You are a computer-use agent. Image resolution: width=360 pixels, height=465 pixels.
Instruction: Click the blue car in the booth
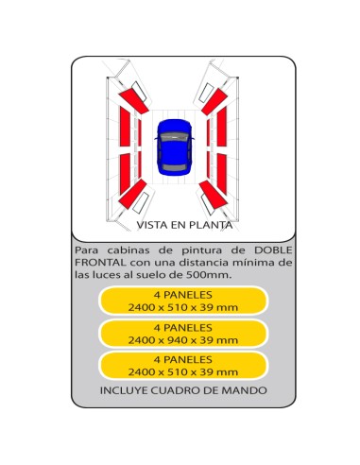pyautogui.click(x=174, y=146)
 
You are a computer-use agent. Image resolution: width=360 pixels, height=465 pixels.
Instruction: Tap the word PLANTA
pyautogui.click(x=211, y=225)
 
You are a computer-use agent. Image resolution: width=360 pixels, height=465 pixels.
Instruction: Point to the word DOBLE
pyautogui.click(x=273, y=250)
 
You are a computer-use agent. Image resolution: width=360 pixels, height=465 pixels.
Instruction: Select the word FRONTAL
pyautogui.click(x=100, y=263)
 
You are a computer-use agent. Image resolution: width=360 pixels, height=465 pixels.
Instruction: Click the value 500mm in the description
pyautogui.click(x=209, y=275)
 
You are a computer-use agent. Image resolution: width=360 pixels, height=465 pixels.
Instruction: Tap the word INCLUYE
pyautogui.click(x=124, y=390)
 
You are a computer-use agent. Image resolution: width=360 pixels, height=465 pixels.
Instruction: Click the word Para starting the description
pyautogui.click(x=86, y=250)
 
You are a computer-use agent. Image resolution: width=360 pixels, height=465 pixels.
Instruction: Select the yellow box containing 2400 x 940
pyautogui.click(x=183, y=334)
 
